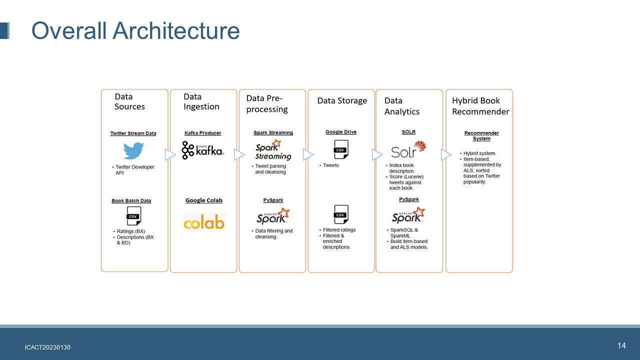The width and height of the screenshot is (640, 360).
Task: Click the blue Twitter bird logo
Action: point(133,151)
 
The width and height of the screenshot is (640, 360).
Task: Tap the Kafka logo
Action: point(203,150)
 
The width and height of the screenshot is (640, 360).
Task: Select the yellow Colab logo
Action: point(204,222)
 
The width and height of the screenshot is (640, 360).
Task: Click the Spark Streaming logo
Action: point(273,150)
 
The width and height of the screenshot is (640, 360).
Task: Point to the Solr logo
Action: point(408,149)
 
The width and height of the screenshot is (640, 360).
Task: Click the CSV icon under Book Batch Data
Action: point(133,216)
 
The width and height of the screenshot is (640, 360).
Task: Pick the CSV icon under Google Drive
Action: point(341,149)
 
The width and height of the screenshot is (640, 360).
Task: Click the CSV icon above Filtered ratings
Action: point(341,214)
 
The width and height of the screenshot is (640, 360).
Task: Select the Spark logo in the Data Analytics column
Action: point(408,215)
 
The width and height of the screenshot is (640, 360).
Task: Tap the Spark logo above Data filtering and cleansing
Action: point(273,216)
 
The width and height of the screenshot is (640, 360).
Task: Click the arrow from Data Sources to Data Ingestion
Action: point(170,155)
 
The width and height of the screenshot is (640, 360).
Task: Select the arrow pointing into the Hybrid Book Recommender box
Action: point(446,155)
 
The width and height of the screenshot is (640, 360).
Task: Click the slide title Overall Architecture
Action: point(135,30)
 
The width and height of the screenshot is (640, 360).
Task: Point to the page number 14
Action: point(621,346)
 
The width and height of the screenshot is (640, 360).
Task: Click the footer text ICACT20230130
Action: point(47,347)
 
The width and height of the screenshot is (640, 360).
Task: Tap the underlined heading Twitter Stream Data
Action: point(133,133)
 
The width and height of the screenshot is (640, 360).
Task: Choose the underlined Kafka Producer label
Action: point(202,133)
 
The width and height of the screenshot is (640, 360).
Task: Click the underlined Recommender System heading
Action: point(481,135)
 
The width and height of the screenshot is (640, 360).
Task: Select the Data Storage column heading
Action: point(342,101)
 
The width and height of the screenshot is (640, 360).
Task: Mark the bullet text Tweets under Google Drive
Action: point(330,165)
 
